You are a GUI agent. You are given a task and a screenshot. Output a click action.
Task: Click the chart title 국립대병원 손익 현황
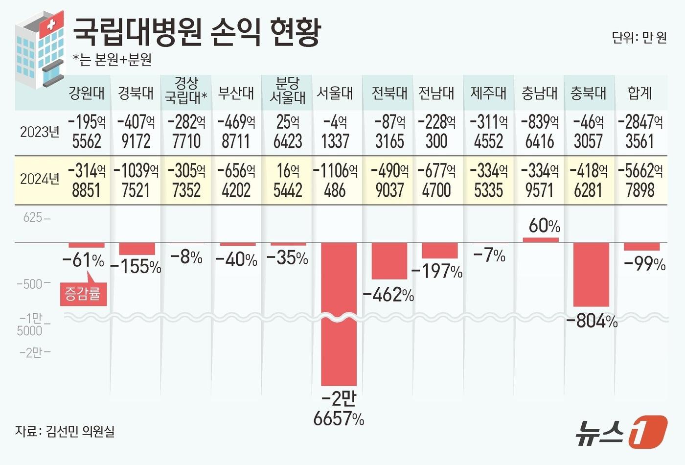[x=197, y=32]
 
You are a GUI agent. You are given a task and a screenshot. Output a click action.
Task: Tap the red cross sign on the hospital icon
[x=50, y=24]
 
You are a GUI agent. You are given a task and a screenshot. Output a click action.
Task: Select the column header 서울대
[x=335, y=93]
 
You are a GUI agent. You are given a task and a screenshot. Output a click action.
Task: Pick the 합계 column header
[x=640, y=93]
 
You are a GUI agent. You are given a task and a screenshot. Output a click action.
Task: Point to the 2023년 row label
[x=39, y=132]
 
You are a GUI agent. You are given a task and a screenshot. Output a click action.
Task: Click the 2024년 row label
[x=39, y=179]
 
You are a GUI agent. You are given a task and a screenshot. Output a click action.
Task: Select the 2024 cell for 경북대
[x=136, y=180]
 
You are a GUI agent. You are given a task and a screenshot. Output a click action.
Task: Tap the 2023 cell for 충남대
[x=539, y=132]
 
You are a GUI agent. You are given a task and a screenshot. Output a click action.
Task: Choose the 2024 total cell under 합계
[x=640, y=180]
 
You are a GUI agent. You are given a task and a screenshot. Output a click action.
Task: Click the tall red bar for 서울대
[x=339, y=313]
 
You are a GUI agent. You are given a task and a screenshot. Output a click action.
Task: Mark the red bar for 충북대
[x=591, y=274]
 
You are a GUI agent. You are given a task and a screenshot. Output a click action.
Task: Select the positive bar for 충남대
[x=540, y=240]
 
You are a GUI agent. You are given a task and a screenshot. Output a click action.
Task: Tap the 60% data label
[x=544, y=226]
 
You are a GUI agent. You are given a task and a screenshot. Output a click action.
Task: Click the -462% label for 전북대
[x=388, y=295]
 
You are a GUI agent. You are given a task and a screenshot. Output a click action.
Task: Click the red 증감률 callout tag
[x=83, y=294]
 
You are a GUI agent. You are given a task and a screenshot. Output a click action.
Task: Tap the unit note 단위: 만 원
[x=639, y=38]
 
